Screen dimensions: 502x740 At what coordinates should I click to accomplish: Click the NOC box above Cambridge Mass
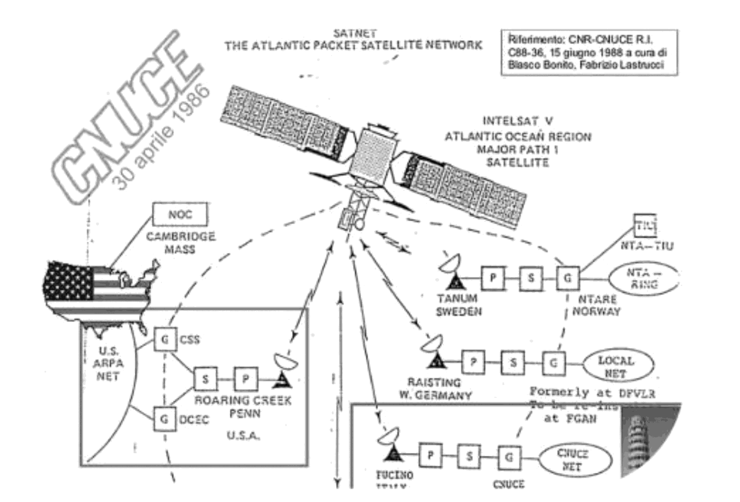180,214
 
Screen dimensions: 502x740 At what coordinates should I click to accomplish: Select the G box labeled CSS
165,339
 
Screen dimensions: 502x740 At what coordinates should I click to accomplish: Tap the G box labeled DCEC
165,419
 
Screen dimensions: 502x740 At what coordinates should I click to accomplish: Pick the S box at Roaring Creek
205,379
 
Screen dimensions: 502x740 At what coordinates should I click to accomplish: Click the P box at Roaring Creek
245,379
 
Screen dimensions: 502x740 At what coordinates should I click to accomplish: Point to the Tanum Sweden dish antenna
451,270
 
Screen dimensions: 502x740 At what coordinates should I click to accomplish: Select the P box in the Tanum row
493,278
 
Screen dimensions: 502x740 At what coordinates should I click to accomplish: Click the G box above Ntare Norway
567,278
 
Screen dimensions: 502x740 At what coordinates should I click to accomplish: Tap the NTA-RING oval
644,279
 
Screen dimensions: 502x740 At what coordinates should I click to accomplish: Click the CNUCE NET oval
572,459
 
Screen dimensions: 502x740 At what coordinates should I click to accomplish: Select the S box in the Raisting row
514,362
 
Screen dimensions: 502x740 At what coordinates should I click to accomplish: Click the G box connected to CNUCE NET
509,457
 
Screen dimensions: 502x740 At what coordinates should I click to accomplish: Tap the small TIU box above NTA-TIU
645,225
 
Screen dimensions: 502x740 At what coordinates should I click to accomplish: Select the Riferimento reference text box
589,52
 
